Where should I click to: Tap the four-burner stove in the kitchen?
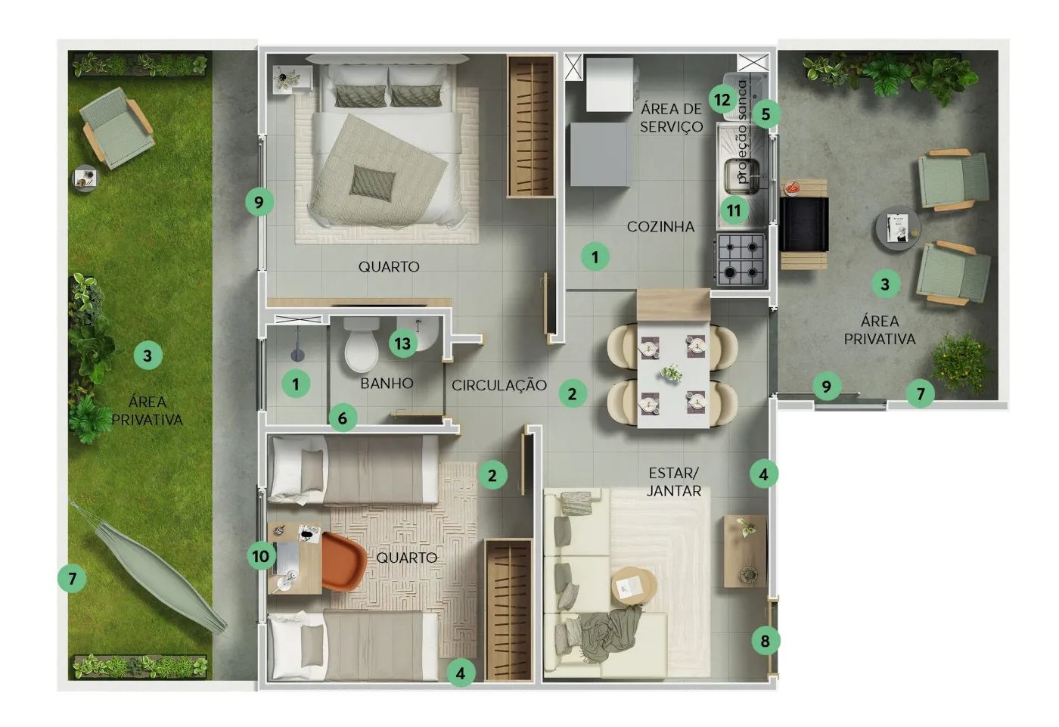(741, 260)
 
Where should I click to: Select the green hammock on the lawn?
(150, 567)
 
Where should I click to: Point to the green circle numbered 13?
(402, 343)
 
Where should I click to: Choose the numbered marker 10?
(261, 556)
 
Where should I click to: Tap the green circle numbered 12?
(722, 100)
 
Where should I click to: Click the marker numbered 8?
(766, 641)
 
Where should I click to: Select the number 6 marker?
(342, 418)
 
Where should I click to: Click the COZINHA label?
(660, 227)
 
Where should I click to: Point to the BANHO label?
(387, 384)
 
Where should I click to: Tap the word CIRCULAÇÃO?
(499, 385)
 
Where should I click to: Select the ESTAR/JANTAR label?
(674, 482)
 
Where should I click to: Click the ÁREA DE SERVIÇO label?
(672, 118)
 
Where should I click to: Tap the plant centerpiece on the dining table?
(672, 372)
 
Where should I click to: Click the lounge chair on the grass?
(116, 128)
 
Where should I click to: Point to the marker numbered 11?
(734, 210)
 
